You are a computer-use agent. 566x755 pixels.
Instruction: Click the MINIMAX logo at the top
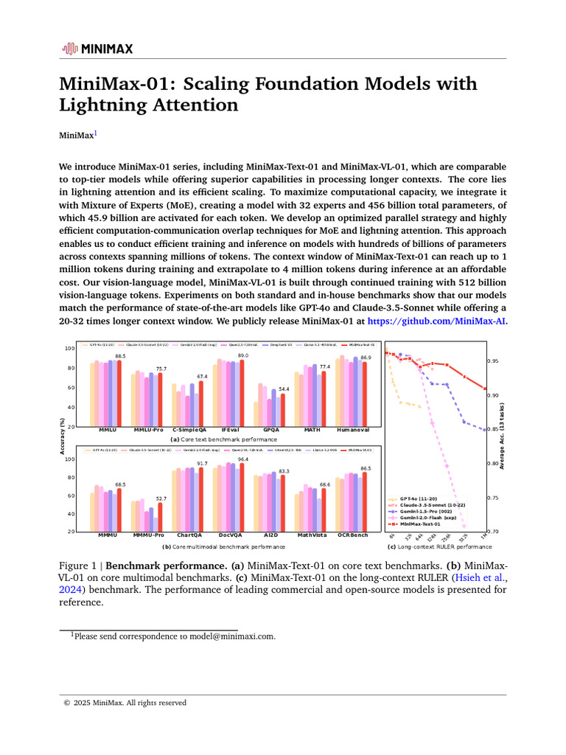click(x=97, y=49)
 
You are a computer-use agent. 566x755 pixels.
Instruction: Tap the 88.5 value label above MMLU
click(x=120, y=356)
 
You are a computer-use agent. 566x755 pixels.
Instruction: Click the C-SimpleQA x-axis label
click(x=189, y=428)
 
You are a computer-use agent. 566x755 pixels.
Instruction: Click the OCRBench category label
click(x=353, y=535)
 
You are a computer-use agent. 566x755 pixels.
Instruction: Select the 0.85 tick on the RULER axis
click(x=492, y=430)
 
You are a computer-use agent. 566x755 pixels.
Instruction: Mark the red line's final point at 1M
click(x=484, y=389)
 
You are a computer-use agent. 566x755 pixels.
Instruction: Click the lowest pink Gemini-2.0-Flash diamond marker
click(x=464, y=526)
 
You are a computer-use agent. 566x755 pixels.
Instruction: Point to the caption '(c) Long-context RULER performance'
click(x=439, y=547)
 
